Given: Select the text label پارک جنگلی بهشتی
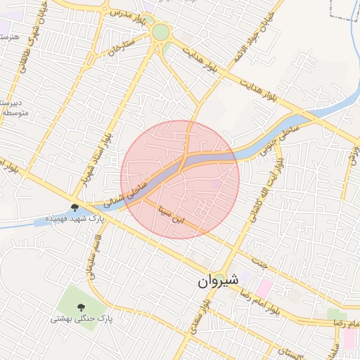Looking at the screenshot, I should (x=82, y=320).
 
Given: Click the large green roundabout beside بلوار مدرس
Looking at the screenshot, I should (x=161, y=32).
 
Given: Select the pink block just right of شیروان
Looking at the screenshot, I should (x=264, y=287).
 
